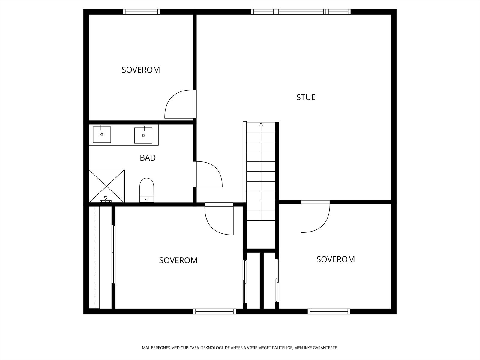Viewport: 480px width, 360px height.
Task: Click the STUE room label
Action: coord(306,97)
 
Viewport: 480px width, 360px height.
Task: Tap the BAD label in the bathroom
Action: coord(148,157)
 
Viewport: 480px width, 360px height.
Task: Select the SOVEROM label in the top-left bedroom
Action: coord(141,70)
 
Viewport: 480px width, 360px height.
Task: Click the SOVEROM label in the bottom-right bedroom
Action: coord(335,259)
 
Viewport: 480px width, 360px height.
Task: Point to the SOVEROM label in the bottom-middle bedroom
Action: coord(178,260)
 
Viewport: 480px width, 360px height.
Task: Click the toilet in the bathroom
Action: coord(146,190)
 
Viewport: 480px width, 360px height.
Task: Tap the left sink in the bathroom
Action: coord(102,134)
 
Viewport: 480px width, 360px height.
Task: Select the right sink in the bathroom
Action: coord(143,135)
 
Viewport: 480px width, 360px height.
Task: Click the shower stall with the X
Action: coord(106,186)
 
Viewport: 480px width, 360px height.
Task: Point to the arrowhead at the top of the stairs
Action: coord(261,124)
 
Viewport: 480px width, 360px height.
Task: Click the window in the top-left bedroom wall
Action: coord(141,12)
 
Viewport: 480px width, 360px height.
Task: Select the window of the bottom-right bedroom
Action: coord(329,311)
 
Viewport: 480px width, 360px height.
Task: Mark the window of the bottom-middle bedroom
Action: coord(214,311)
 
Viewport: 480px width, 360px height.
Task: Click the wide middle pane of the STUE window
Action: coord(301,12)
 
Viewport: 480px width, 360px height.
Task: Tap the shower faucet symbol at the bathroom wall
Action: coord(106,199)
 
